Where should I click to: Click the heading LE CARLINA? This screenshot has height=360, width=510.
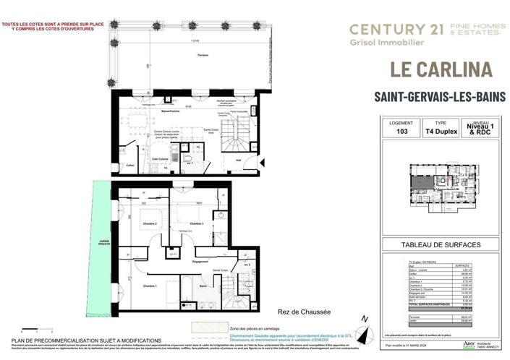440,70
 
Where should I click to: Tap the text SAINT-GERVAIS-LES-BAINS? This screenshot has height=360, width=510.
439,96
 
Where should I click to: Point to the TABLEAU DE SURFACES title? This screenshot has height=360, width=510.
439,244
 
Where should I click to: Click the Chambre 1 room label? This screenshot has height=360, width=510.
150,287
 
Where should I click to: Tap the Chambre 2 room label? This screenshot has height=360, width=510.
150,224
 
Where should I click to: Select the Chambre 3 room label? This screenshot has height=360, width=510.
197,224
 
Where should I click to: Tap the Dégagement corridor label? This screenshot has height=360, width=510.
201,262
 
